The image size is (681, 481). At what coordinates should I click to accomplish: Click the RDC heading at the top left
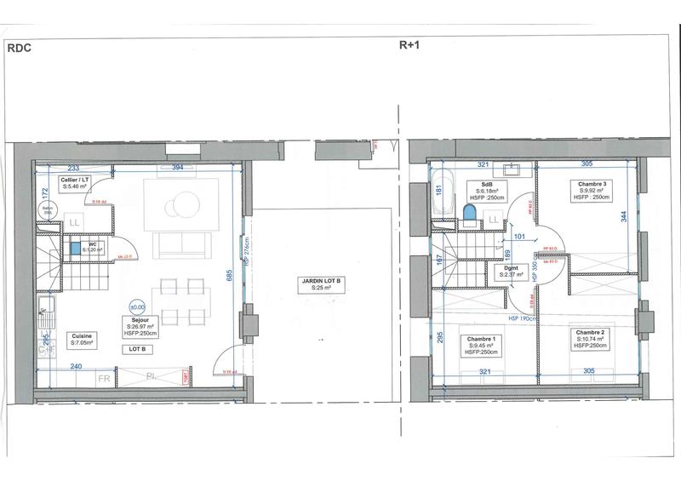click(20, 49)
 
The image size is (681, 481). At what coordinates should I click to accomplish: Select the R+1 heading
click(411, 48)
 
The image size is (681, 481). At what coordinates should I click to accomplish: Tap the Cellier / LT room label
click(74, 184)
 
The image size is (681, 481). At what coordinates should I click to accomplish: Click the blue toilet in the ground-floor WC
click(76, 249)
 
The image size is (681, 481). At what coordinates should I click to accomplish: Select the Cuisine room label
click(83, 341)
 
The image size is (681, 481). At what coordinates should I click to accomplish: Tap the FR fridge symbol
click(103, 376)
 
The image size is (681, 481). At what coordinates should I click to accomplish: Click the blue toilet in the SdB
click(468, 211)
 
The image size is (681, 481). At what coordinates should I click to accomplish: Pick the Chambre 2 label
click(589, 336)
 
